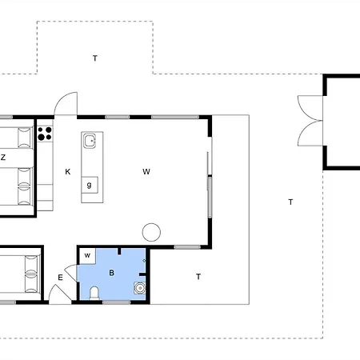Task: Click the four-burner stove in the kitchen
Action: pos(45,134)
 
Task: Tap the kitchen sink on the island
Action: pos(90,141)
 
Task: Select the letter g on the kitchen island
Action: pos(90,185)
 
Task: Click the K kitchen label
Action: pos(68,172)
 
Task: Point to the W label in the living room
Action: pos(146,172)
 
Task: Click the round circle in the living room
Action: pos(151,232)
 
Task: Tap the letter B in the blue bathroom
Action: pos(112,273)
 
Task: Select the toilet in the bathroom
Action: pos(94,294)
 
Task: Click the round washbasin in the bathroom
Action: pos(140,288)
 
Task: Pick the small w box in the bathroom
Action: pos(87,256)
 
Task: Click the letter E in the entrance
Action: pos(61,278)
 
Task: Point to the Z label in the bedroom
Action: pos(3,158)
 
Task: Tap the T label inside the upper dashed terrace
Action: pos(95,58)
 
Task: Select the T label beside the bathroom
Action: pos(198,277)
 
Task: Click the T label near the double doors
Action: pos(290,202)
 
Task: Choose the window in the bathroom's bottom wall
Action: pos(116,302)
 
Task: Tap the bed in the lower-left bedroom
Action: pos(18,274)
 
